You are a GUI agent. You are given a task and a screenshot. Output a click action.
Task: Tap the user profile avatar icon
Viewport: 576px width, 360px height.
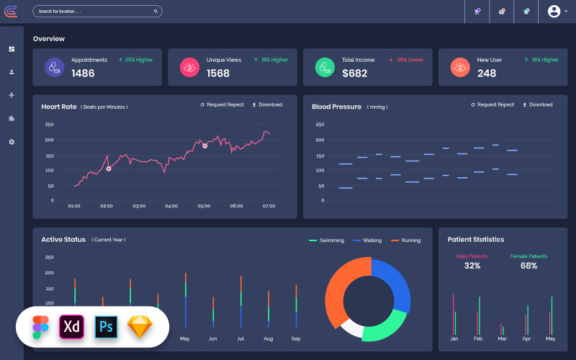[554, 12]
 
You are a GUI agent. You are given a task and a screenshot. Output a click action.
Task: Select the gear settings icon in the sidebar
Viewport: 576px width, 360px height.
[12, 142]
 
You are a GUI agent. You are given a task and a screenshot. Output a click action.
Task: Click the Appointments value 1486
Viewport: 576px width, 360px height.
[83, 73]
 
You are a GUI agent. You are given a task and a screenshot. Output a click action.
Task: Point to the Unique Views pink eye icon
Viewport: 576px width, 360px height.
[189, 68]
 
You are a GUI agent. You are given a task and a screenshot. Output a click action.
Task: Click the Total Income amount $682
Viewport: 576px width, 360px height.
[354, 73]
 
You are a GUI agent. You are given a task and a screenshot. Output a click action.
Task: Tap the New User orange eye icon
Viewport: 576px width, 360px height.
[459, 68]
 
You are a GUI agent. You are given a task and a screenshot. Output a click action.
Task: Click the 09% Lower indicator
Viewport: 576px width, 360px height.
[406, 60]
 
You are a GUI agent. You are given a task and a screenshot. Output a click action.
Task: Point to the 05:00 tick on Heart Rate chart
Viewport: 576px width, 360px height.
[204, 206]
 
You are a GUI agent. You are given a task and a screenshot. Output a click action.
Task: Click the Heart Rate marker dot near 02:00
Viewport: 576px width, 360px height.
[109, 168]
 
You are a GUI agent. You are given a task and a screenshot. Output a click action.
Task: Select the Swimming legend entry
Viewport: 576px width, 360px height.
[327, 240]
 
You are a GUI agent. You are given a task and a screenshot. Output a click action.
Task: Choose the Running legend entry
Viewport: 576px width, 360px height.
[406, 240]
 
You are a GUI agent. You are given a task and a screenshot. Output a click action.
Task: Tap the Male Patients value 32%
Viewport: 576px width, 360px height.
[472, 266]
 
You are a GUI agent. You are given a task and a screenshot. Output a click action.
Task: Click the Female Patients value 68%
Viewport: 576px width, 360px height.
[528, 266]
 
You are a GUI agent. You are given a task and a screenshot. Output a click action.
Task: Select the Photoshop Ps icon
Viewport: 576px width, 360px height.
[106, 326]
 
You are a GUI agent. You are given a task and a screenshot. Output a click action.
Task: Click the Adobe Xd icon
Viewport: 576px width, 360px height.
[72, 326]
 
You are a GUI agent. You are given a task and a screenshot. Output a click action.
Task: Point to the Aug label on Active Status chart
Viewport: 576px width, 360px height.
[268, 338]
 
